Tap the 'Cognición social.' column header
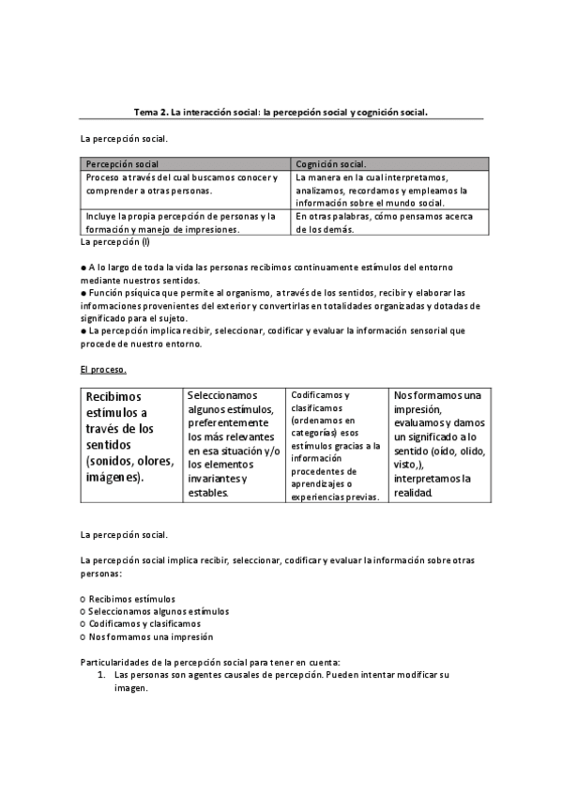point(332,163)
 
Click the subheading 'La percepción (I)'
point(115,241)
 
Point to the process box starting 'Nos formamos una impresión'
point(438,443)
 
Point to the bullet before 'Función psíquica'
point(84,293)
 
